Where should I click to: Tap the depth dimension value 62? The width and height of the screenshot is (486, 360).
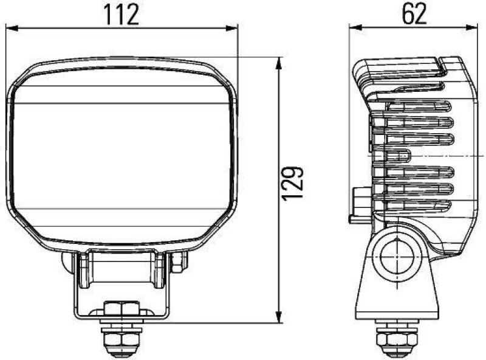click(414, 13)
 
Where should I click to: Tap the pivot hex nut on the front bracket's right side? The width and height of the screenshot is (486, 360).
click(178, 262)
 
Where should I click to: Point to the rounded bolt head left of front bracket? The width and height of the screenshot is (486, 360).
click(66, 262)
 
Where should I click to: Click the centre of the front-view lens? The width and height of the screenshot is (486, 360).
click(122, 155)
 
